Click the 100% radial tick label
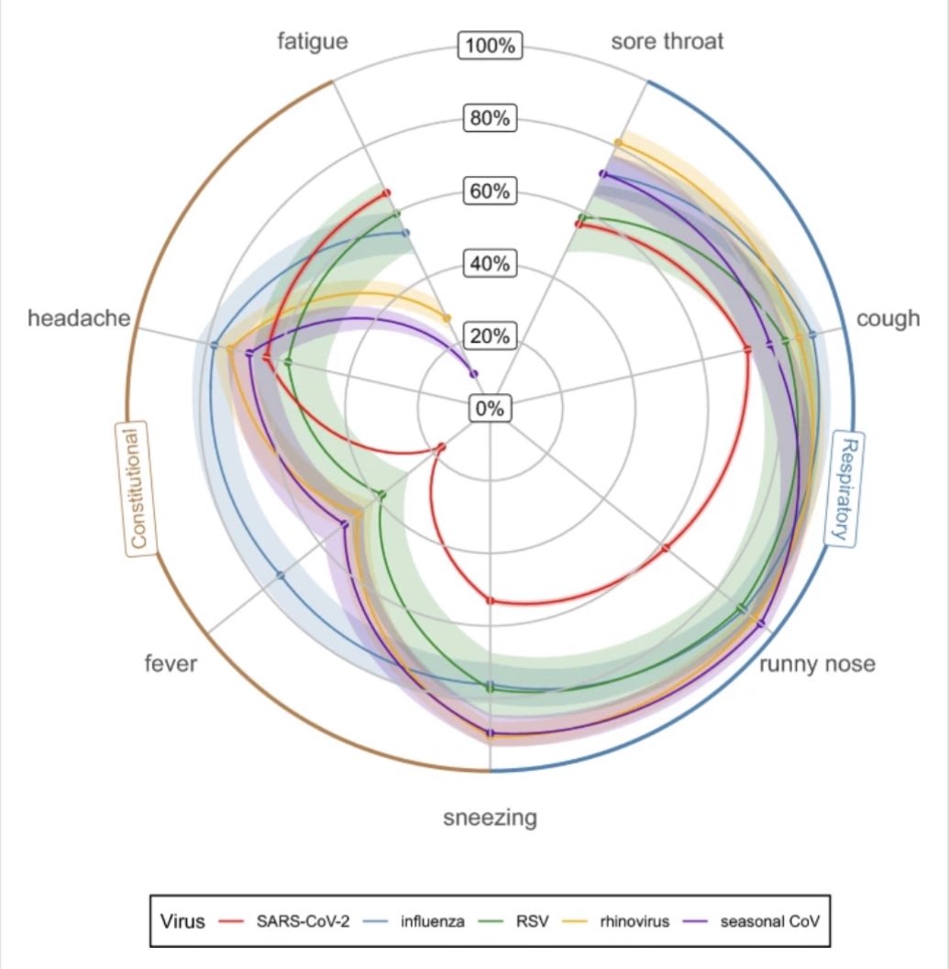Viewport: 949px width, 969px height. tap(491, 46)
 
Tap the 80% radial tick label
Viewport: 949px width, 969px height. tap(491, 118)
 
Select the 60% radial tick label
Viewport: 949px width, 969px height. tap(491, 191)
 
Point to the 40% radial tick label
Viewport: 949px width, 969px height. tap(491, 264)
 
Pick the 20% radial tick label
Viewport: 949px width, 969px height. tap(491, 336)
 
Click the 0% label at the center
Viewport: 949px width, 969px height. tap(491, 409)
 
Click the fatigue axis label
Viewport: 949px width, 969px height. tap(313, 42)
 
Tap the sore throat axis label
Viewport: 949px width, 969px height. tap(668, 41)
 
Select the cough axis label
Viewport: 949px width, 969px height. tap(888, 319)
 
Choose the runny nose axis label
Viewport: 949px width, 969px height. tap(817, 664)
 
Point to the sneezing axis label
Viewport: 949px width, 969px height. tap(491, 818)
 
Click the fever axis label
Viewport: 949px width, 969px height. tap(171, 664)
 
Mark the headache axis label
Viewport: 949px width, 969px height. tap(79, 318)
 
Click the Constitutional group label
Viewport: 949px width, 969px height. tap(136, 489)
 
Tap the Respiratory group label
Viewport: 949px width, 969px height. tap(845, 490)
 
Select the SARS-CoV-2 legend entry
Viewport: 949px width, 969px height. tap(283, 921)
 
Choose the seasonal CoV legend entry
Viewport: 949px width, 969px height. tap(751, 921)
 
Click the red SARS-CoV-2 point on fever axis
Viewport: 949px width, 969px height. tap(441, 447)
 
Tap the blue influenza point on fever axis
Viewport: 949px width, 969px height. tap(281, 576)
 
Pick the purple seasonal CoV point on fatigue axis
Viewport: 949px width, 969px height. tap(473, 373)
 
